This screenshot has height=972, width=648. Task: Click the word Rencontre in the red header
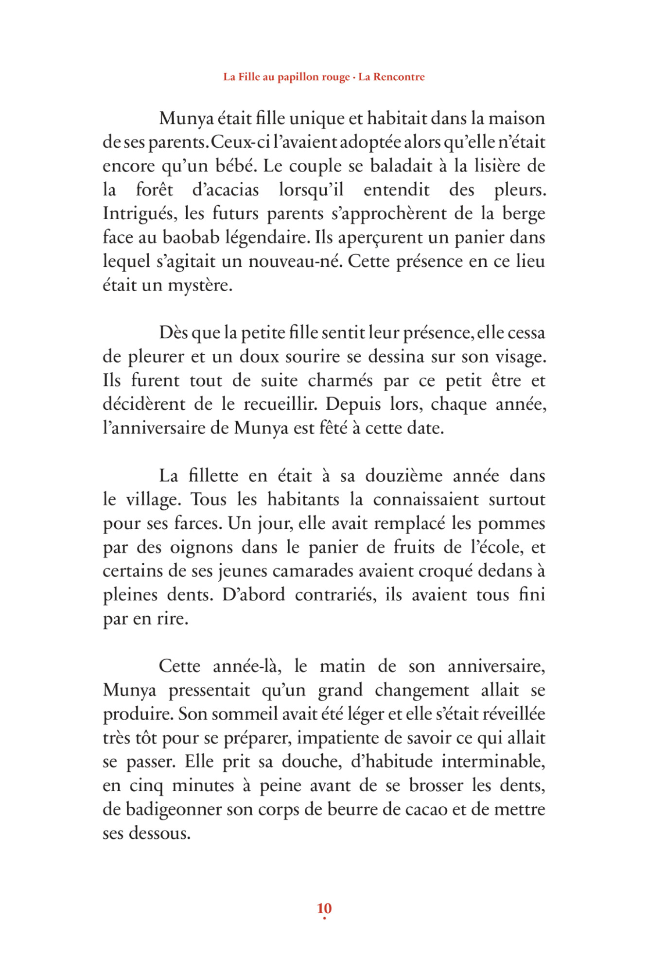tap(399, 77)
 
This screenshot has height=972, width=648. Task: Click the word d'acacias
tap(226, 190)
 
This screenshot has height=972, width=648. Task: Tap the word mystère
tap(199, 285)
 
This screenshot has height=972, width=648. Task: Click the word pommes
tap(511, 524)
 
